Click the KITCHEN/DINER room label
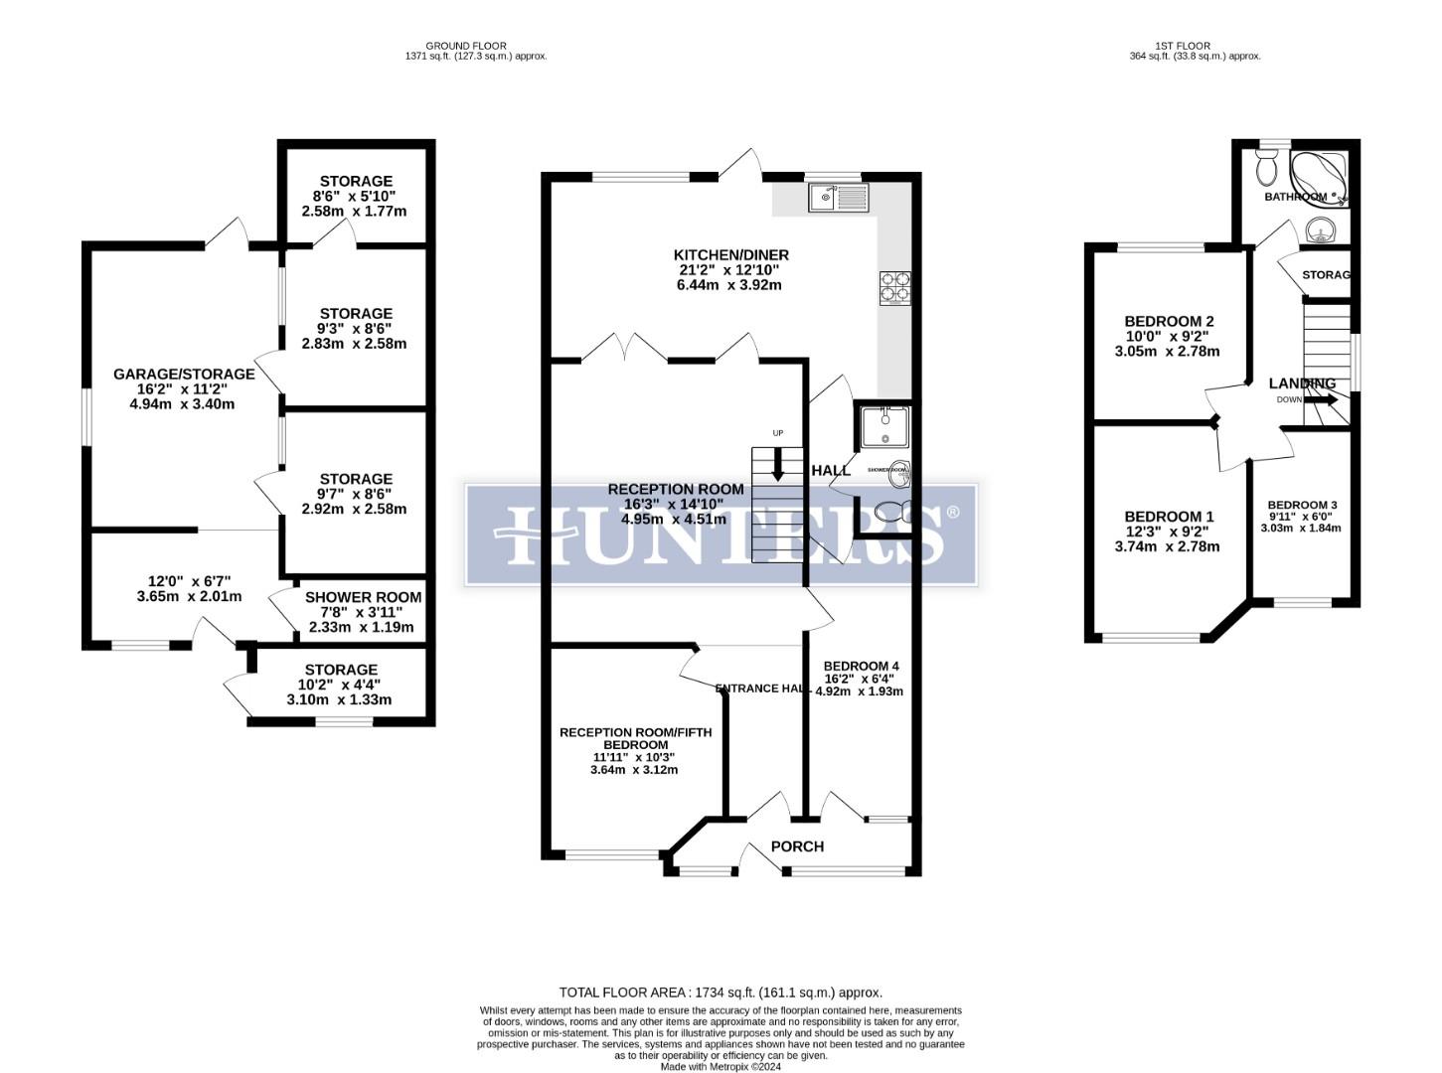point(730,255)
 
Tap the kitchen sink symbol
point(839,198)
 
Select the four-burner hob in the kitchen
point(893,286)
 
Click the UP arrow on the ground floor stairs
point(777,464)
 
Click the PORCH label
point(797,846)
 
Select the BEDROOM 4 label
point(861,666)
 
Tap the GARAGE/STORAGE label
point(184,375)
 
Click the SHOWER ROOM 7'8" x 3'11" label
point(363,597)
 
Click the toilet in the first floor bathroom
point(1266,169)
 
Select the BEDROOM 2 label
point(1169,321)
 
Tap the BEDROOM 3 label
point(1302,505)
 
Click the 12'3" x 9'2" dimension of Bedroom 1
point(1168,532)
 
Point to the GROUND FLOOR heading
point(465,46)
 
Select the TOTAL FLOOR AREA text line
point(721,992)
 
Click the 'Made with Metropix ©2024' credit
point(721,1066)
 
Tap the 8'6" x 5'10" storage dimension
point(355,197)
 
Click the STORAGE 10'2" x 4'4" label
point(341,670)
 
